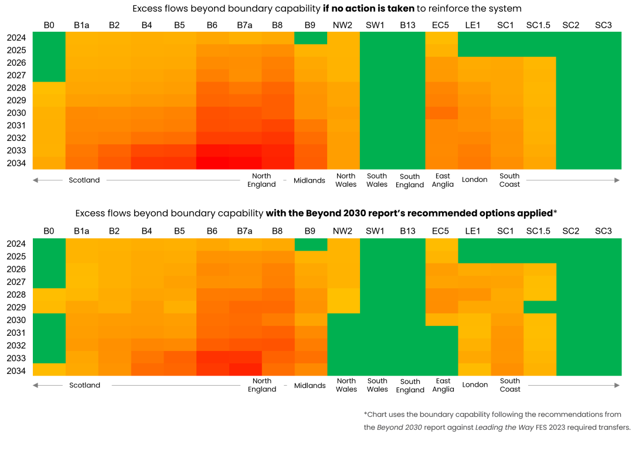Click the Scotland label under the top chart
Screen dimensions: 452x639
coord(84,180)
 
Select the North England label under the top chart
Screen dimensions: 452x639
coord(261,180)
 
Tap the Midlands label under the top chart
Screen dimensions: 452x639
coord(309,181)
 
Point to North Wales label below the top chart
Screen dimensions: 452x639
coord(346,180)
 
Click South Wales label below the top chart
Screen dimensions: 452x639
coord(377,180)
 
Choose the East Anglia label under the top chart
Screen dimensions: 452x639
coord(443,180)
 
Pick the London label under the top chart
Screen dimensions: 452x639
coord(475,180)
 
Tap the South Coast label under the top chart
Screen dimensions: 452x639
coord(509,180)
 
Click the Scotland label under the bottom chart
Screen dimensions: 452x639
coord(85,386)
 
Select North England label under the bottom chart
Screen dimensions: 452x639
coord(262,385)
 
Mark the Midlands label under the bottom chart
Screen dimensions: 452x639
coord(310,386)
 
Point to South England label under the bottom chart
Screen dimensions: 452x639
coord(410,386)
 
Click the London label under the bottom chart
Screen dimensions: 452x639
coord(475,385)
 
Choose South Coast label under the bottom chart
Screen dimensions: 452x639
coord(510,385)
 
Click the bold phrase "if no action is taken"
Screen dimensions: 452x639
coord(368,9)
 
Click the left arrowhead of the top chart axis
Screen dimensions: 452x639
coord(35,180)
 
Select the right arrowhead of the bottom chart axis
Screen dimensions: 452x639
coord(617,385)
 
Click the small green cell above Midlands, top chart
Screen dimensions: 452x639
coord(311,38)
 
